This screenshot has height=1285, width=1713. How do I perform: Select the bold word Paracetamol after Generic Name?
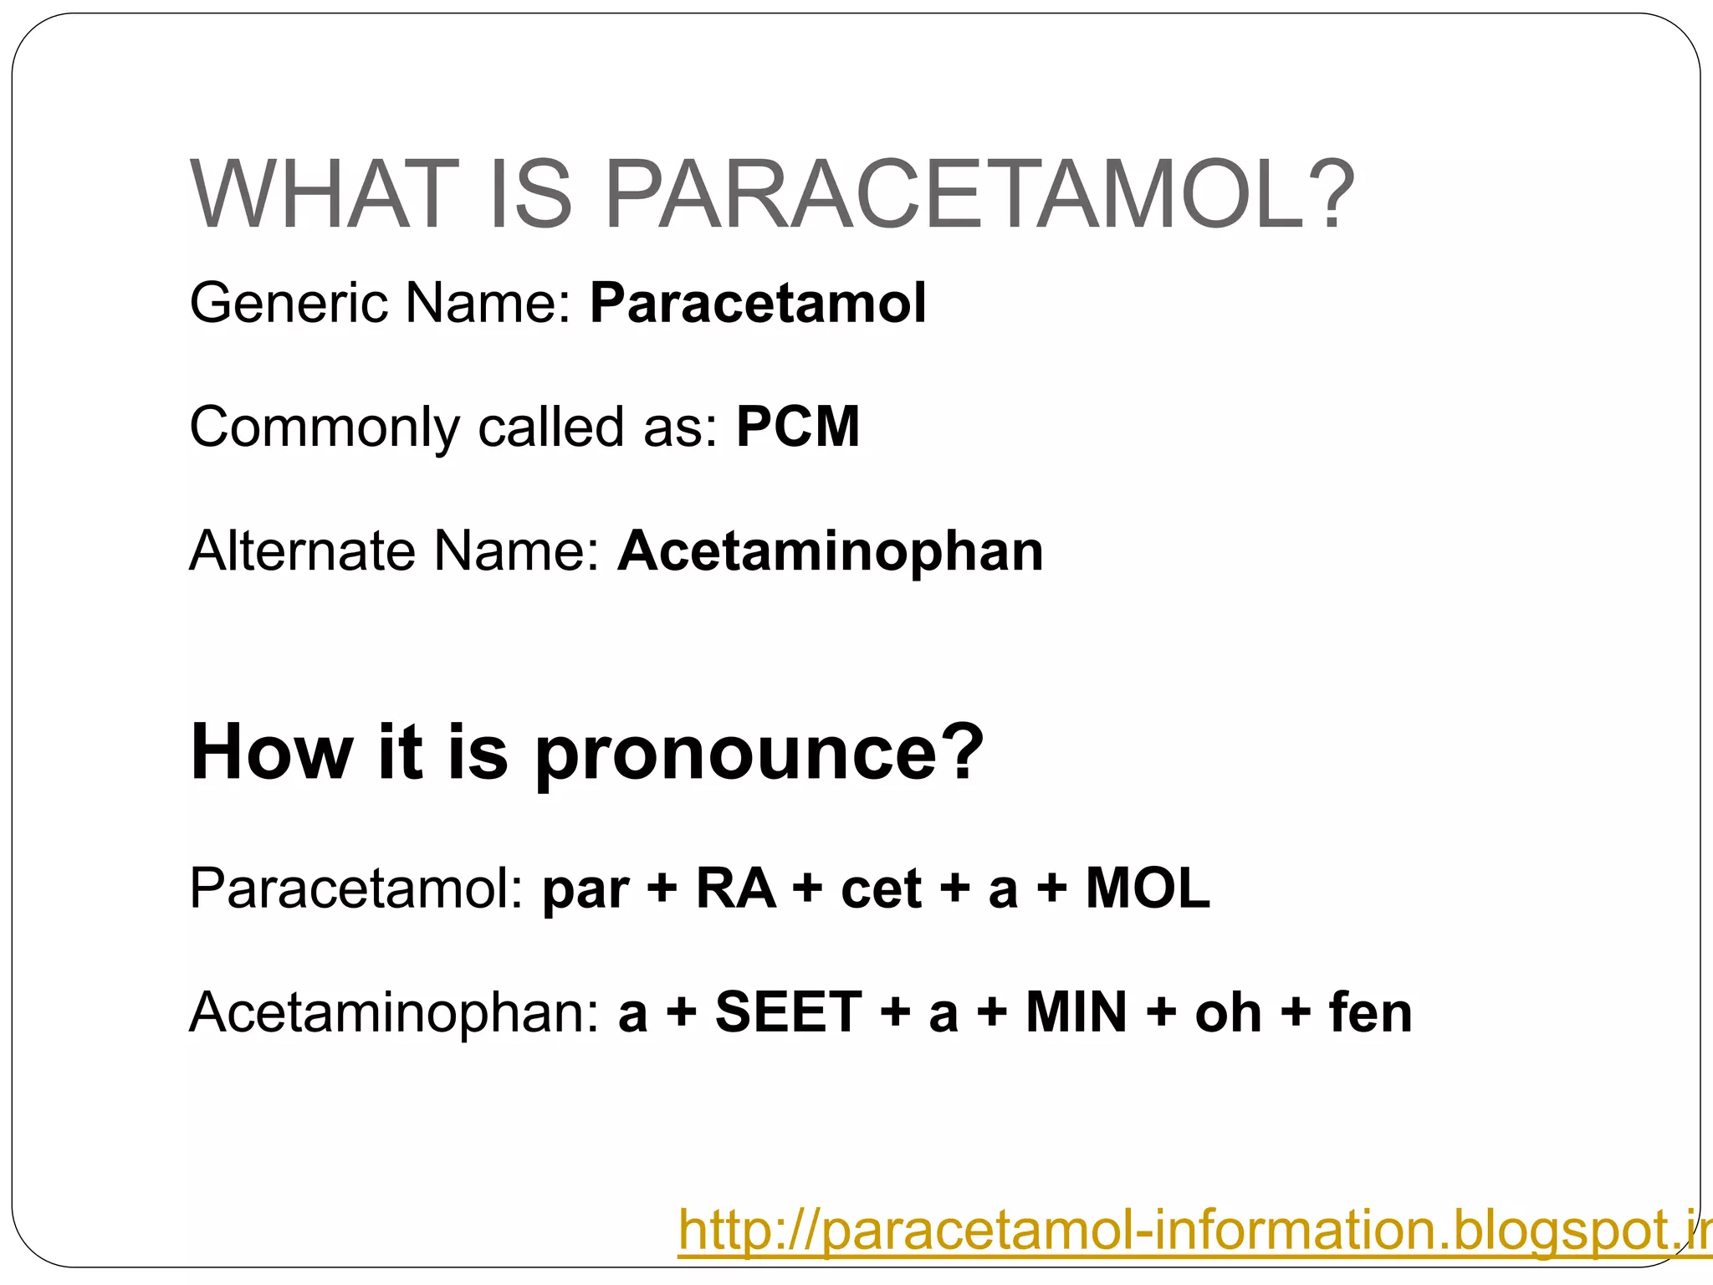(758, 303)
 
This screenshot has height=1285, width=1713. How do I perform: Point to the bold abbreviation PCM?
(797, 427)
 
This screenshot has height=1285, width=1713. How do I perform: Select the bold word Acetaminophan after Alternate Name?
(830, 551)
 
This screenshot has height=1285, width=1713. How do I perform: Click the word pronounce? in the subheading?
(759, 753)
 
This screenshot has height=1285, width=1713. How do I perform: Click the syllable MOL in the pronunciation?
(1148, 888)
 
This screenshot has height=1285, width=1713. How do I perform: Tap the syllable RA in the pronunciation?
(735, 888)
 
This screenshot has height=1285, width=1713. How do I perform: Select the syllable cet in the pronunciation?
(881, 888)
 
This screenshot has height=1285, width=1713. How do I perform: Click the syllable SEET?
(788, 1013)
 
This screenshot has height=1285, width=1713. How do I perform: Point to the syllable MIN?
(1076, 1013)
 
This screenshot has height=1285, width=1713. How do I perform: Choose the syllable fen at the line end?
(1370, 1013)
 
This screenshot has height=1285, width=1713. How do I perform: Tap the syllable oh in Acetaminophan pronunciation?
(1228, 1013)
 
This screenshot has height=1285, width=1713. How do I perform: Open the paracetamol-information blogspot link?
(1188, 1230)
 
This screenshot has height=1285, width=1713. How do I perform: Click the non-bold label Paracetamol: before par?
(356, 888)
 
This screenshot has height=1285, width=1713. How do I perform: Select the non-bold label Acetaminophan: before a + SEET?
(394, 1013)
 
